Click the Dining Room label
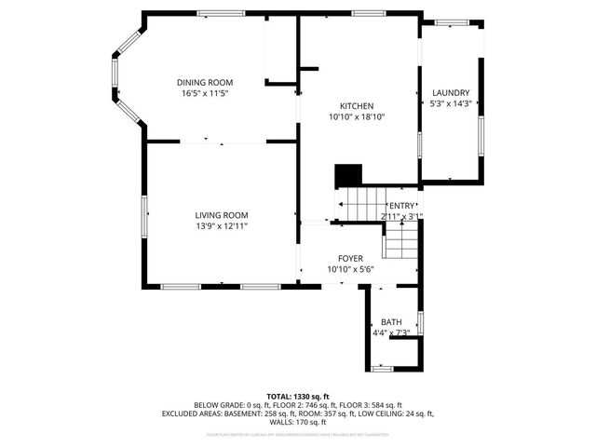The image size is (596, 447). (205, 83)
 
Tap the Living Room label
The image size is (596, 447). (221, 215)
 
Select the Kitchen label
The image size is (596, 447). (356, 105)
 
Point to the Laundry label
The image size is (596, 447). (450, 92)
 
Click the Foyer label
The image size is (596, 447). (350, 258)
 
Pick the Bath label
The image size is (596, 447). (391, 322)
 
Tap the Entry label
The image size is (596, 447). (402, 206)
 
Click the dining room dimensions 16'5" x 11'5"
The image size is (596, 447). (205, 94)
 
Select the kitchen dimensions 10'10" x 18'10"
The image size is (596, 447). (356, 117)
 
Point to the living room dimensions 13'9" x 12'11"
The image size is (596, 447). (221, 226)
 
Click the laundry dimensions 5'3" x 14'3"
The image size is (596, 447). (450, 103)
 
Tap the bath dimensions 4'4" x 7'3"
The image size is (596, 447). (391, 332)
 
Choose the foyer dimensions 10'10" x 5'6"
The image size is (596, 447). (350, 269)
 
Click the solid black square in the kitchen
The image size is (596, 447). (348, 175)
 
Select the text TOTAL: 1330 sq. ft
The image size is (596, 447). (298, 397)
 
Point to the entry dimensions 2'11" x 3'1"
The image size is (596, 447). (402, 216)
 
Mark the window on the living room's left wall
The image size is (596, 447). (144, 216)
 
